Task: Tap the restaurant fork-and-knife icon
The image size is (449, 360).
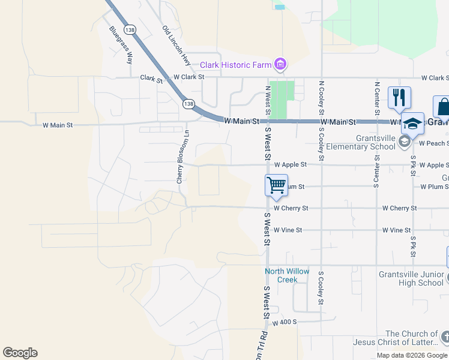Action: pos(399,97)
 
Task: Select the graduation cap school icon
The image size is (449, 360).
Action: pos(412,123)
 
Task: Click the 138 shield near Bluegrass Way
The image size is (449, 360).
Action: pos(129,29)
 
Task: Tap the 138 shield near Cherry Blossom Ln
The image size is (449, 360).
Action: pos(189,104)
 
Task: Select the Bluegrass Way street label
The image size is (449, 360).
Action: pos(121,46)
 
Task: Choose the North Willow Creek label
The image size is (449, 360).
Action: pos(288,275)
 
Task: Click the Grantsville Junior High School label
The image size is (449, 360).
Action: pos(411,279)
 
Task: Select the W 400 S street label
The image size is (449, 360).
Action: pos(285,322)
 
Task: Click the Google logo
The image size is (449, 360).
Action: pos(20,353)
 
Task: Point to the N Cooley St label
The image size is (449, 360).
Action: pos(322,98)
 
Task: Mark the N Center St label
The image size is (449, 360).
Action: pos(376,98)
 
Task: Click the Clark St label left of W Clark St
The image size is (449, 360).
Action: pos(151,78)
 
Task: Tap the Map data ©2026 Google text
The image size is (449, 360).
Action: pos(412,355)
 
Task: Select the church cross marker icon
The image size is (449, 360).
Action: pos(445,338)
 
